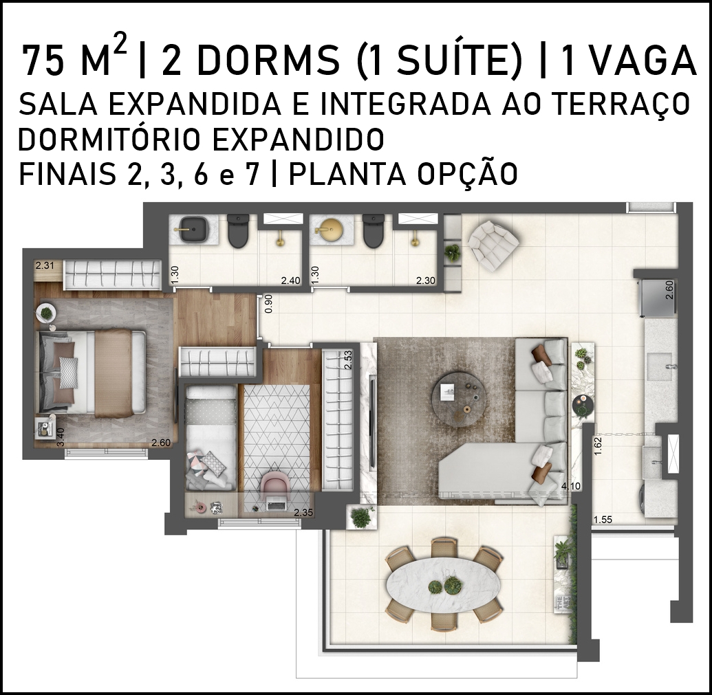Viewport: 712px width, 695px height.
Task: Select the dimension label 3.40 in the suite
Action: pos(61,437)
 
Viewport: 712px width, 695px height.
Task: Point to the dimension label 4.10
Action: pos(571,486)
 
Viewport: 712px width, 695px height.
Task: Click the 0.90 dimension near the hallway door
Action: pos(268,303)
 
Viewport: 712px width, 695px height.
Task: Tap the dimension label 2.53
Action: pos(348,360)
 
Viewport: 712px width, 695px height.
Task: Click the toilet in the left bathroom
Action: pos(238,232)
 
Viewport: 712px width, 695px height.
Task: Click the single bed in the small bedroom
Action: pos(211,437)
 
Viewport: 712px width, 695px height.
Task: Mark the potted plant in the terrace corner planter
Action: pos(361,517)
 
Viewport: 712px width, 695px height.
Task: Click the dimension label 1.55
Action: pos(603,520)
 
